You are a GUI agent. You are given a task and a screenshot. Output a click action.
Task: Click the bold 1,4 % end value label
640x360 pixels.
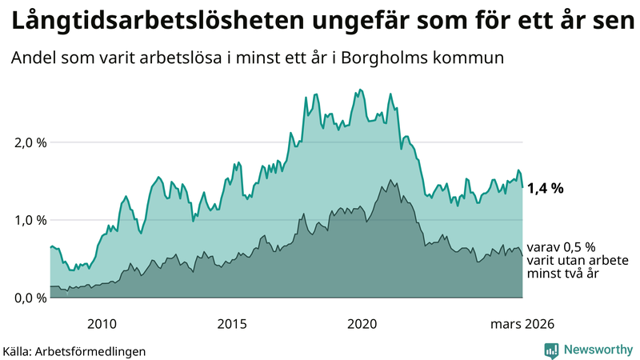[546, 189]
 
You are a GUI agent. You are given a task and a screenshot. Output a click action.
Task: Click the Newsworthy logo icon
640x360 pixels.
[551, 350]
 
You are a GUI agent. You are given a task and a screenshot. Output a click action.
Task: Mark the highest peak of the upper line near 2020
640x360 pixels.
[361, 90]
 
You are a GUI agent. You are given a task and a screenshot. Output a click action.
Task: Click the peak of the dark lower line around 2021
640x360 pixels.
[390, 180]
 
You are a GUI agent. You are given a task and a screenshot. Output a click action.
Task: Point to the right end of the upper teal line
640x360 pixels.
[522, 187]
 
